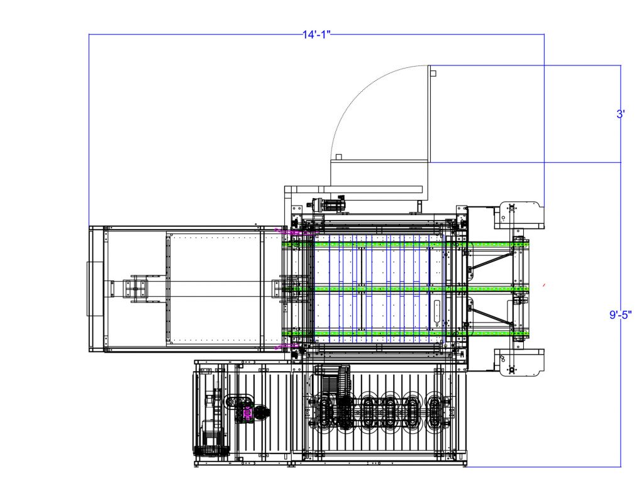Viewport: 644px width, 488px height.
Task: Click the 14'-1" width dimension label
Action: [316, 35]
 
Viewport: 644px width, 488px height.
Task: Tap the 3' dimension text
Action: [621, 114]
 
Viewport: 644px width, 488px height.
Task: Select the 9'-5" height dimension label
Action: [621, 315]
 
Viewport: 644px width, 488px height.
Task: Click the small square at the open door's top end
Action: [433, 74]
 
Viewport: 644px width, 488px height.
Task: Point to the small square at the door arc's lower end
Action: [339, 157]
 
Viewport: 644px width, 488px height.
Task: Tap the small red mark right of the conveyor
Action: [544, 284]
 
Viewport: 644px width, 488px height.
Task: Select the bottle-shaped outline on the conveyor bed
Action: [436, 314]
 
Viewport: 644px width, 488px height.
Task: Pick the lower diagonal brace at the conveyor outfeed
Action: [491, 316]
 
